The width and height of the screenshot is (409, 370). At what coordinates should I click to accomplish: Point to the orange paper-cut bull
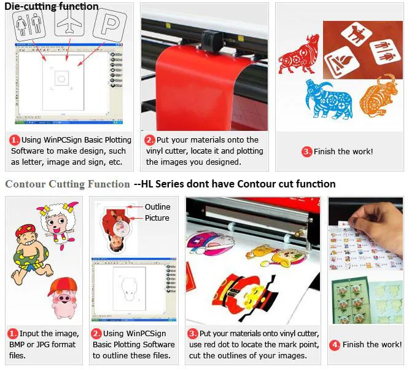pos(379,95)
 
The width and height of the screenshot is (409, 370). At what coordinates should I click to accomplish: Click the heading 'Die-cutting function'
pos(52,7)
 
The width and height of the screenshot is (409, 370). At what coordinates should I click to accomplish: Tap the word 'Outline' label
pos(157,207)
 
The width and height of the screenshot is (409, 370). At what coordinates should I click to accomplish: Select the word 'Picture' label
pos(157,218)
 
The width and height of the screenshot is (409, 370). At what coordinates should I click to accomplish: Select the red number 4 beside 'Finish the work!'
pos(335,345)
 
